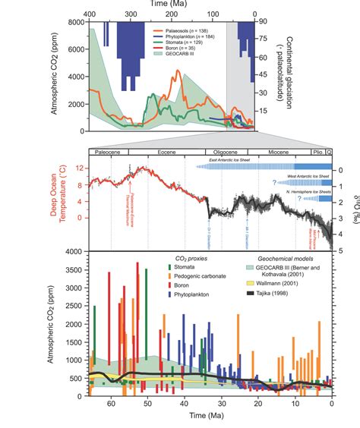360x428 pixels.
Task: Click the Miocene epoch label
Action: (275, 153)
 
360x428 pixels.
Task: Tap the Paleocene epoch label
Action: (107, 153)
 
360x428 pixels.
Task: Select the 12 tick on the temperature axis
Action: (81, 169)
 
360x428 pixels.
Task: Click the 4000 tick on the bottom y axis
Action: (74, 251)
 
